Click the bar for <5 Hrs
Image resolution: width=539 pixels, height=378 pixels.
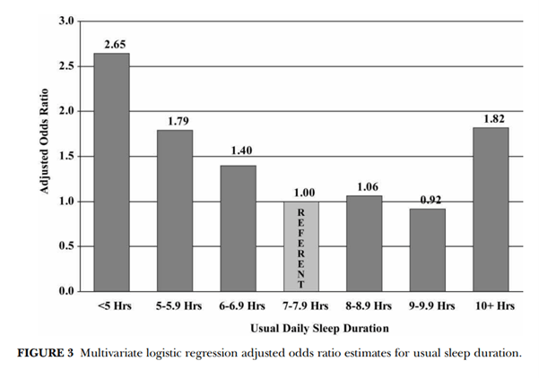coord(112,172)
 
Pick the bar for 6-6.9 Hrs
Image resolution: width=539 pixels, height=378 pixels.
coord(238,228)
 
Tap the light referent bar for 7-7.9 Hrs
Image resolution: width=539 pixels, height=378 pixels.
coord(300,246)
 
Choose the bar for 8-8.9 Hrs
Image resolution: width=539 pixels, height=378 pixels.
coord(364,244)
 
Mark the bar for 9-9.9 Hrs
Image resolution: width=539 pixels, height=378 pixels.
coord(427,250)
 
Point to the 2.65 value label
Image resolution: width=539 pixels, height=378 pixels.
coord(112,43)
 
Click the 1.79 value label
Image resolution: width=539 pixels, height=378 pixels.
coord(175,121)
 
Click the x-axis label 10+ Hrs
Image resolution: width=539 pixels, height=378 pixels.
coord(491,305)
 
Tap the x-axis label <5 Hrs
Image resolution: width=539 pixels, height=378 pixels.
coord(114,305)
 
